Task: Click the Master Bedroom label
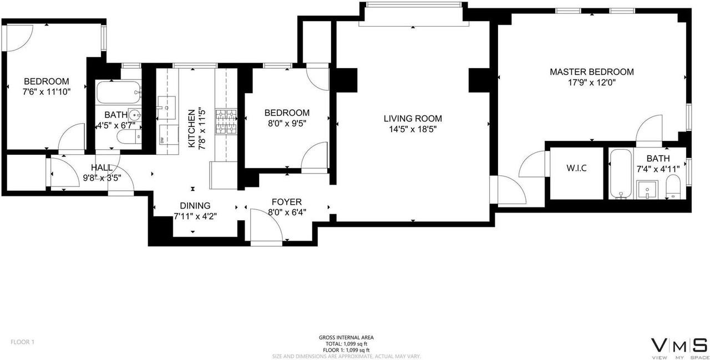coord(591,72)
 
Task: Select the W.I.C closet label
coord(576,168)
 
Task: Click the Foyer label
coord(286,202)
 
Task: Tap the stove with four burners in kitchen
coord(226,123)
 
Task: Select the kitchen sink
coord(166,106)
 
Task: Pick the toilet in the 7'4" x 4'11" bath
coord(673,187)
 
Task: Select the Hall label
coord(102,168)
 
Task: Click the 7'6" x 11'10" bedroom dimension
coord(47,92)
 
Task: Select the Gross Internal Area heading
coord(346,337)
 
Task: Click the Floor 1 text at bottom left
coord(23,342)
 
